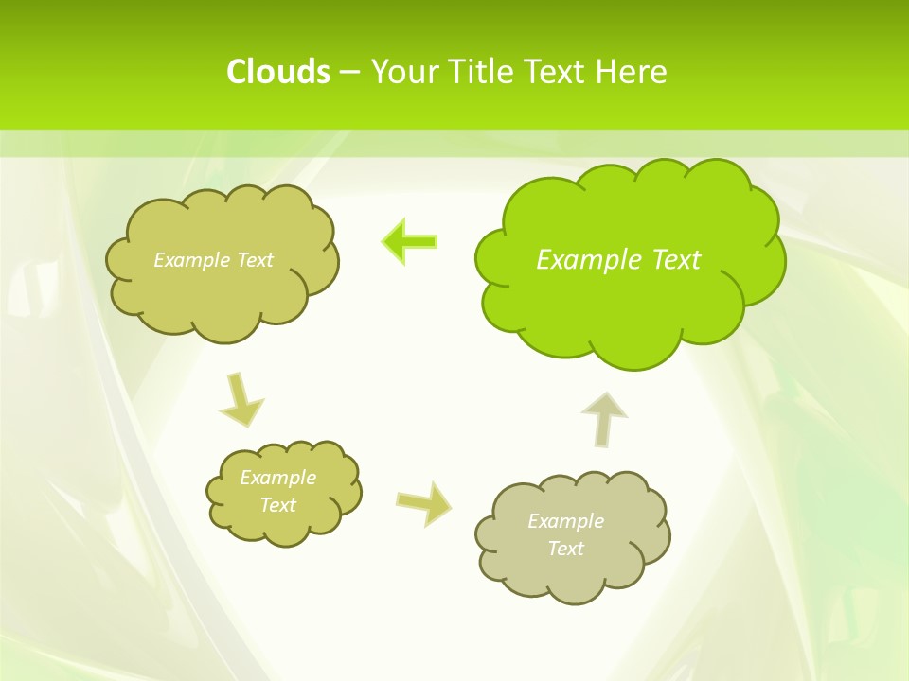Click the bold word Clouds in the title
click(x=278, y=72)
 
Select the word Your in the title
click(x=405, y=72)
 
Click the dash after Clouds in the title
click(x=349, y=73)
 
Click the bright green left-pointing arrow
click(x=410, y=241)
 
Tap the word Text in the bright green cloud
click(x=676, y=259)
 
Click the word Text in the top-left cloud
click(x=254, y=259)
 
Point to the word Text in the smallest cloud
click(x=278, y=505)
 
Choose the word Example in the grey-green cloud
click(x=565, y=521)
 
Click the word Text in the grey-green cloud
click(x=565, y=549)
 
